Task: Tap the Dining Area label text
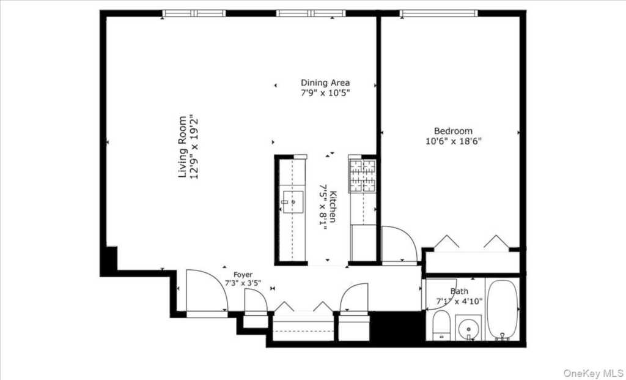325,83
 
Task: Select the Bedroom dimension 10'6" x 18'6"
453,141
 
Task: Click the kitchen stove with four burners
362,175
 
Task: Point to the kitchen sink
293,201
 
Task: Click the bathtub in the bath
503,310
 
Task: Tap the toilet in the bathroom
441,326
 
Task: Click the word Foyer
243,275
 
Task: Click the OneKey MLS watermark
592,373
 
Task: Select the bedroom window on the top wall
438,13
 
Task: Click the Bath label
459,291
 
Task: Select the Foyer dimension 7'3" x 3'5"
243,284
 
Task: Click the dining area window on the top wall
311,13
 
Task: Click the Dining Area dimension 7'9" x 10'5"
325,93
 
